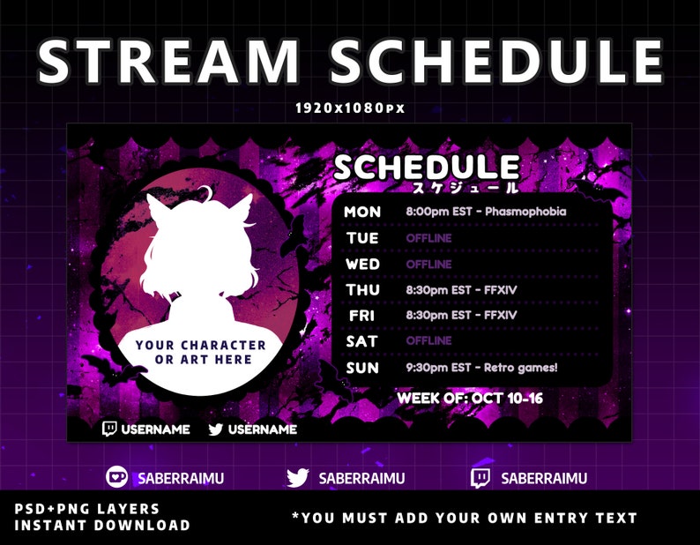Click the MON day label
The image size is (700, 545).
click(x=362, y=212)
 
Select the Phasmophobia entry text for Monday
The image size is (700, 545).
click(x=486, y=212)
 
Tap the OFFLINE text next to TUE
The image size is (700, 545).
click(x=428, y=238)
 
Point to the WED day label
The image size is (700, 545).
click(x=362, y=264)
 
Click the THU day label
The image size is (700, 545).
click(x=362, y=290)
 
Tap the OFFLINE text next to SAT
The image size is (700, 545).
click(x=428, y=341)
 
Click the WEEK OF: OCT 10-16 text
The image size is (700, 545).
click(x=470, y=398)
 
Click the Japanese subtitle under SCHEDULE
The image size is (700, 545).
click(x=465, y=187)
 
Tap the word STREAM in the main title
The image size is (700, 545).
click(x=168, y=61)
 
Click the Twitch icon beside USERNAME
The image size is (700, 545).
click(x=109, y=429)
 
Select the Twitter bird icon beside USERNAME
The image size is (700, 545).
click(x=216, y=429)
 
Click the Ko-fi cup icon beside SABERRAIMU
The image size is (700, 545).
click(x=117, y=477)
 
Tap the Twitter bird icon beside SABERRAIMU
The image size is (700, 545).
click(x=297, y=478)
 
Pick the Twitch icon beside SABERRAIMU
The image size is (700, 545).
click(x=480, y=478)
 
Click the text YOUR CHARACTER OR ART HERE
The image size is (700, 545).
click(x=201, y=352)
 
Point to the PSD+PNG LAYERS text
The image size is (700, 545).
click(x=86, y=509)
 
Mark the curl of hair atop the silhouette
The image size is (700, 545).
click(x=206, y=192)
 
